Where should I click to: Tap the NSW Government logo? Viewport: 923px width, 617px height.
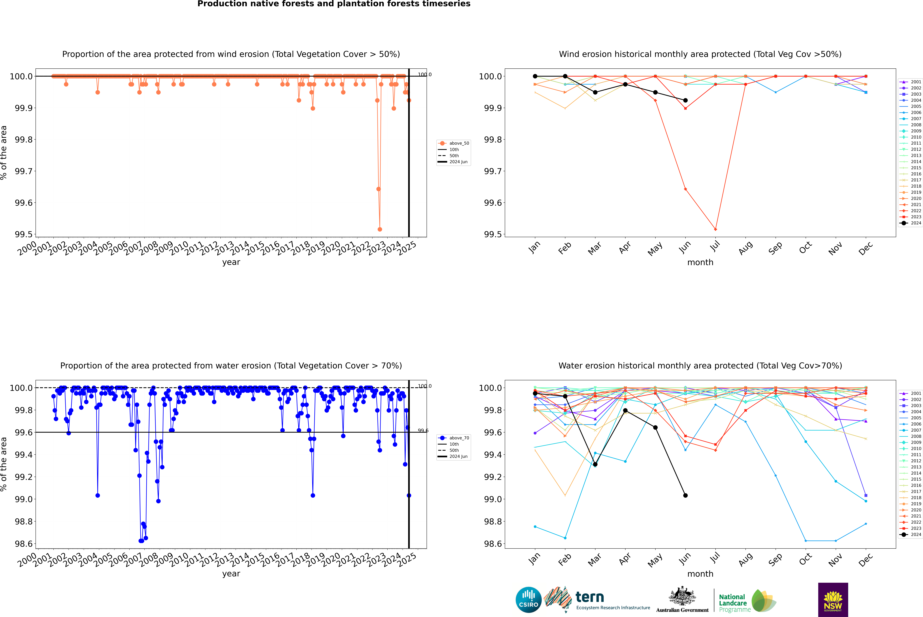[x=833, y=600]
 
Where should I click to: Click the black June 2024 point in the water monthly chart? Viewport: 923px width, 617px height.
[x=685, y=495]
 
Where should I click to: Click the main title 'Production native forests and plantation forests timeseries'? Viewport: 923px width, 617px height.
[x=334, y=4]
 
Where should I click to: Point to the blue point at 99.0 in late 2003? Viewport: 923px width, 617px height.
[x=98, y=495]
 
